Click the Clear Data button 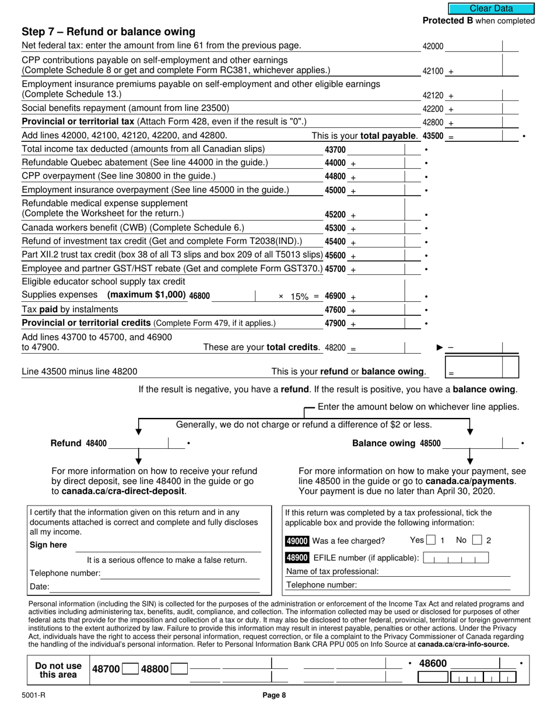(491, 8)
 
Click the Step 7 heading (108, 32)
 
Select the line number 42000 (433, 47)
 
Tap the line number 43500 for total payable (433, 136)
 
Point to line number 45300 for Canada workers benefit (335, 228)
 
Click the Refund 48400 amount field (139, 443)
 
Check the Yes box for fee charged (431, 541)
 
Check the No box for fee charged (477, 541)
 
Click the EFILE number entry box (455, 559)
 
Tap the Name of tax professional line (446, 571)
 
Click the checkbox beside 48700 (131, 669)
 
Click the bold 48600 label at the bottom (433, 664)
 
